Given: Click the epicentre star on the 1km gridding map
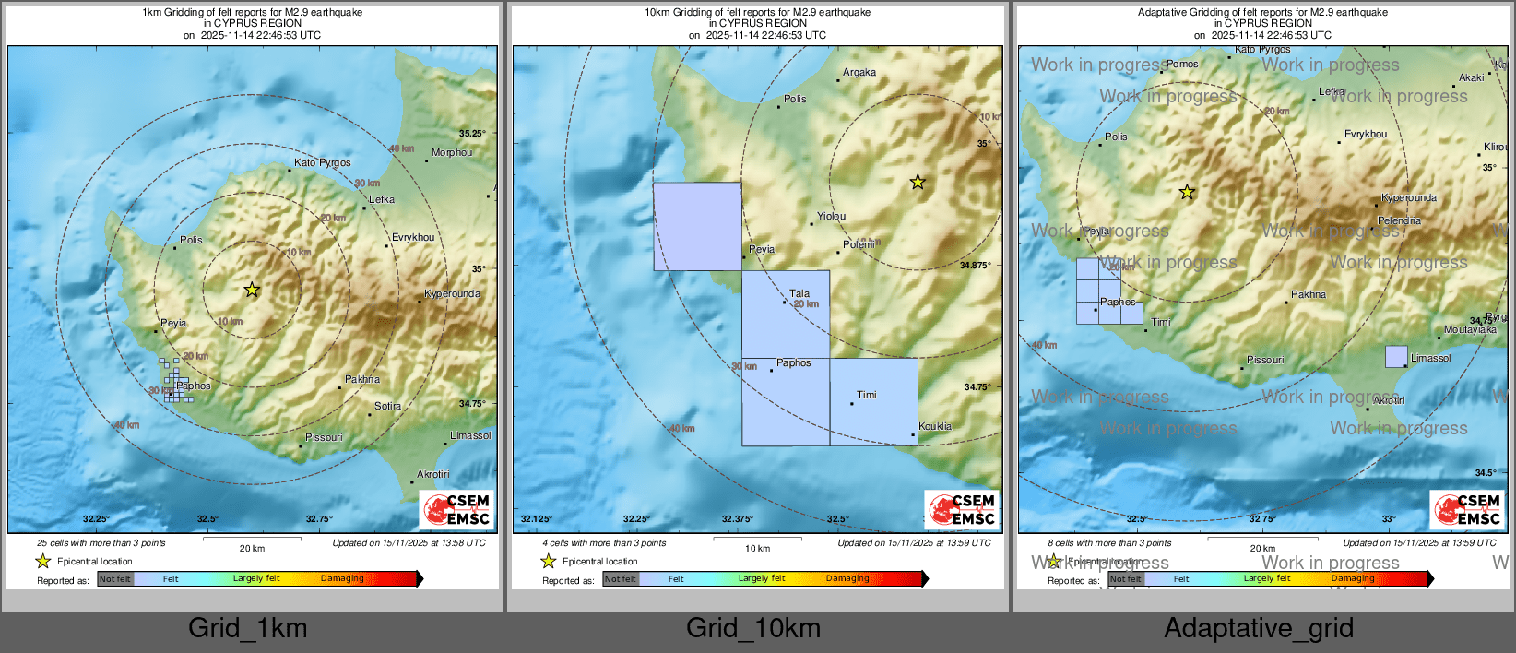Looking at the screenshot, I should click(x=252, y=290).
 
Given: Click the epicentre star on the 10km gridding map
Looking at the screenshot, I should click(x=918, y=183).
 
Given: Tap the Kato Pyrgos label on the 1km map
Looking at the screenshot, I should click(x=322, y=162).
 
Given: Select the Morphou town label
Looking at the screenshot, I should click(x=452, y=152).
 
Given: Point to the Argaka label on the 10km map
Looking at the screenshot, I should click(x=859, y=72).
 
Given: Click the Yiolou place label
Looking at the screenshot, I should click(x=831, y=216).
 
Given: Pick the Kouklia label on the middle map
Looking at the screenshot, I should click(x=934, y=426).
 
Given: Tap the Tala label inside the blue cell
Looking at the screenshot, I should click(x=799, y=293).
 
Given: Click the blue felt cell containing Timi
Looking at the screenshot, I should click(x=873, y=401).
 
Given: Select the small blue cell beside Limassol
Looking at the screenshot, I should click(x=1396, y=357).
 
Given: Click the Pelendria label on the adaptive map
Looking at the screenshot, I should click(x=1399, y=220).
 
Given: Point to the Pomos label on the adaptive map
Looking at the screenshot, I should click(x=1182, y=64).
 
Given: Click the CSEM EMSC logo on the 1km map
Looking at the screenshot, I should click(x=456, y=510).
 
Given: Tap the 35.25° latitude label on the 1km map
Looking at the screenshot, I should click(x=472, y=134).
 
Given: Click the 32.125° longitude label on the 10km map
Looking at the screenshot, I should click(x=537, y=519).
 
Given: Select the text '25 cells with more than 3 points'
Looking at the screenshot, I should click(x=101, y=543).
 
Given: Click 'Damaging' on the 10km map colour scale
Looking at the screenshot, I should click(x=847, y=578).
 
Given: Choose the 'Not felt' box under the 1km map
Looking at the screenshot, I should click(x=115, y=579).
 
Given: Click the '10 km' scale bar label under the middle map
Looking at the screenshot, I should click(x=757, y=549).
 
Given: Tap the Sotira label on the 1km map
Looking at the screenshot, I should click(x=387, y=406).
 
